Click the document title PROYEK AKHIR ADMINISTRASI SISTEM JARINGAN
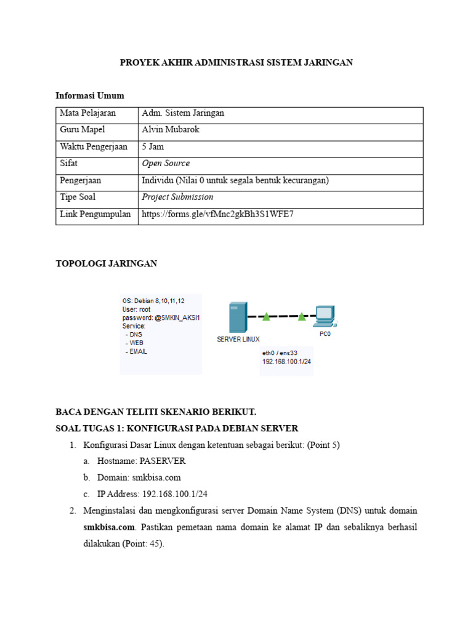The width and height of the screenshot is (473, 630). pyautogui.click(x=236, y=63)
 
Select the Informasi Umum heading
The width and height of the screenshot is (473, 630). pyautogui.click(x=90, y=95)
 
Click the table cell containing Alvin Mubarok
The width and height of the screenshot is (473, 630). pyautogui.click(x=171, y=130)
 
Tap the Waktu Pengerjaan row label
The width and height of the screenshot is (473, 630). pyautogui.click(x=93, y=146)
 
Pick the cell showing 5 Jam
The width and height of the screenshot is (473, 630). pyautogui.click(x=153, y=146)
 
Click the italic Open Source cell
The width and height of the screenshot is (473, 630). pyautogui.click(x=166, y=164)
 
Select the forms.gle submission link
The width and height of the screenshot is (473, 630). pyautogui.click(x=218, y=214)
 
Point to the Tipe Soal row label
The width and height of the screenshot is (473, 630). pyautogui.click(x=78, y=197)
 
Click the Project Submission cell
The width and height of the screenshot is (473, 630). pyautogui.click(x=177, y=197)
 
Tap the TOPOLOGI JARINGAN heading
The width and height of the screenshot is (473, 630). pyautogui.click(x=107, y=263)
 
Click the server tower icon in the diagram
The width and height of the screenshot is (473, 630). pyautogui.click(x=238, y=317)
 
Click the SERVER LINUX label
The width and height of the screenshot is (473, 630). pyautogui.click(x=238, y=339)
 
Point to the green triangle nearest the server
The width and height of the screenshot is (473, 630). pyautogui.click(x=266, y=317)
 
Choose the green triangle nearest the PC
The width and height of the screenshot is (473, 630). pyautogui.click(x=302, y=317)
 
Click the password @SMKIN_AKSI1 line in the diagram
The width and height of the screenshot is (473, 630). pyautogui.click(x=161, y=317)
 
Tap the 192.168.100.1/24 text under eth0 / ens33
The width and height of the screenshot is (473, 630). pyautogui.click(x=286, y=362)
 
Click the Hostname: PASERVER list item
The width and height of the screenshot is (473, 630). pyautogui.click(x=141, y=461)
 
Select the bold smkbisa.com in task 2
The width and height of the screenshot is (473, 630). pyautogui.click(x=109, y=527)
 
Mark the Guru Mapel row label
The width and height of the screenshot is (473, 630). pyautogui.click(x=83, y=130)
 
